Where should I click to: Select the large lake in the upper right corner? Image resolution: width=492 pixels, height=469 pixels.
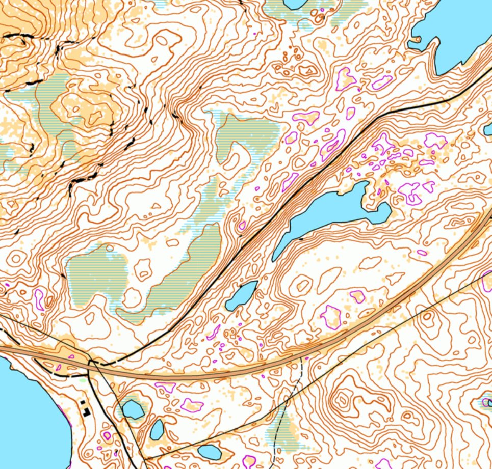point(459,31)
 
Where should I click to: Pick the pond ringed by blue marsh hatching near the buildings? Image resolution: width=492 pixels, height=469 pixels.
point(133,409)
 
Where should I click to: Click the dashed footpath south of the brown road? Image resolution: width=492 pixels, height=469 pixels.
point(286,407)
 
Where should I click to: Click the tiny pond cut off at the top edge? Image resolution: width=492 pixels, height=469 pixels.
point(295,4)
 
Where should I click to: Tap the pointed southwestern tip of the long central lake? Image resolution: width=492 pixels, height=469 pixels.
point(275,259)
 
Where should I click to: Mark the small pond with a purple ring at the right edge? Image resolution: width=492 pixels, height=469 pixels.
point(487,403)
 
